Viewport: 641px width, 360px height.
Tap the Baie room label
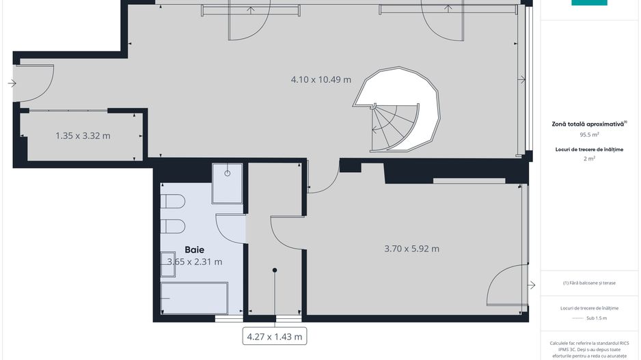[x=194, y=250]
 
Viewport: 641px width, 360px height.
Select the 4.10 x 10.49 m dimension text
[x=320, y=79]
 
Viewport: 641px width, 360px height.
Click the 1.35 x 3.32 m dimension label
[x=83, y=135]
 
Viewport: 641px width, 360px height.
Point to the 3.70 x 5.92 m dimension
[x=412, y=249]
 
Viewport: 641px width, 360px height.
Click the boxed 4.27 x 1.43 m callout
[x=273, y=336]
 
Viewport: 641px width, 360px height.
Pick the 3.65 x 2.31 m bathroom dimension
[x=195, y=262]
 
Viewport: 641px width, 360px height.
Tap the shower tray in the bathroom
[x=227, y=182]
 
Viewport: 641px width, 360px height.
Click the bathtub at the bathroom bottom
[x=194, y=299]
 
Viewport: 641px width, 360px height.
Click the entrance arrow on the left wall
[x=12, y=83]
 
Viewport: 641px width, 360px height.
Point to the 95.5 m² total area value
[x=589, y=135]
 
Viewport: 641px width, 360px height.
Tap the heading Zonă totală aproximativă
[x=589, y=124]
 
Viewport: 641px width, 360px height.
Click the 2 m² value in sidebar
[x=589, y=158]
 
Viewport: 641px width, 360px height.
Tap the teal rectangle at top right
[x=589, y=3]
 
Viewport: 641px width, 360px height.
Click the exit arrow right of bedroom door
[x=532, y=284]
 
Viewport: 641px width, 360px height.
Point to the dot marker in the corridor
[x=275, y=271]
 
